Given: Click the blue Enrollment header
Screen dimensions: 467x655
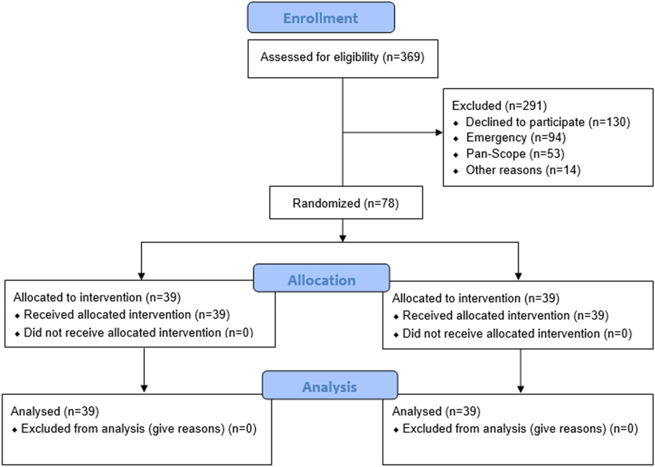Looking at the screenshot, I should click(320, 18).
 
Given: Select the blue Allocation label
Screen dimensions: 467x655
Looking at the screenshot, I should click(321, 280).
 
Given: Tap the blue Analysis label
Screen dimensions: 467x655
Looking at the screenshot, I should click(329, 387).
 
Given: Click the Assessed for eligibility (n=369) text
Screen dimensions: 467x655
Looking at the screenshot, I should click(342, 57).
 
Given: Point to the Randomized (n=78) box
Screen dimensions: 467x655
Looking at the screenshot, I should click(346, 203).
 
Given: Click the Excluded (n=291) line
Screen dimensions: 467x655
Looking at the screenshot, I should click(499, 106).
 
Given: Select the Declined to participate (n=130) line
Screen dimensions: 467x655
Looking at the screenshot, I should click(547, 122).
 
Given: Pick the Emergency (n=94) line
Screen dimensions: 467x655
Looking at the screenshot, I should click(515, 138).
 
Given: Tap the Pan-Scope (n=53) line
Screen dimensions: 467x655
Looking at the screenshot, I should click(515, 154).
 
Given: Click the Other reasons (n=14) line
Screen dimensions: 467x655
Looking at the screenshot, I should click(523, 170).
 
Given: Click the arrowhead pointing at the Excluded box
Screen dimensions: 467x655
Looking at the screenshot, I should click(439, 132).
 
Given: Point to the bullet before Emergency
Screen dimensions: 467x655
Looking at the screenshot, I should click(456, 139).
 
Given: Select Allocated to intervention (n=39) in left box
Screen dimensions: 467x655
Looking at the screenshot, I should click(97, 298).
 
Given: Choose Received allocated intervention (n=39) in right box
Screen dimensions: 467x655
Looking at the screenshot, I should click(505, 316).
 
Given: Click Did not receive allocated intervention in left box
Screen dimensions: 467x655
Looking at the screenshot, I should click(138, 333).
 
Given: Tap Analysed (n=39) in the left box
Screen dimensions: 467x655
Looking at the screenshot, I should click(55, 411).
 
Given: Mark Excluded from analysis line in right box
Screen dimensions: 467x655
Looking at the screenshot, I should click(520, 429).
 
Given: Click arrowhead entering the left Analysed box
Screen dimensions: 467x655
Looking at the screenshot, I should click(144, 388).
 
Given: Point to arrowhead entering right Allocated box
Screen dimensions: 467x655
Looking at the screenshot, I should click(518, 276).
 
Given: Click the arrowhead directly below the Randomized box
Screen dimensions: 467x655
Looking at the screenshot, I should click(343, 238).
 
